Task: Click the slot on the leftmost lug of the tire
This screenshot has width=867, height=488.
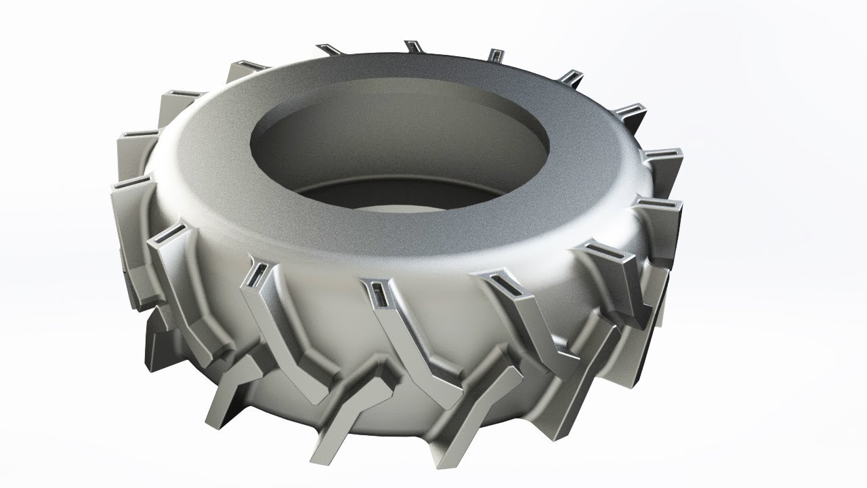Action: [126, 183]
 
